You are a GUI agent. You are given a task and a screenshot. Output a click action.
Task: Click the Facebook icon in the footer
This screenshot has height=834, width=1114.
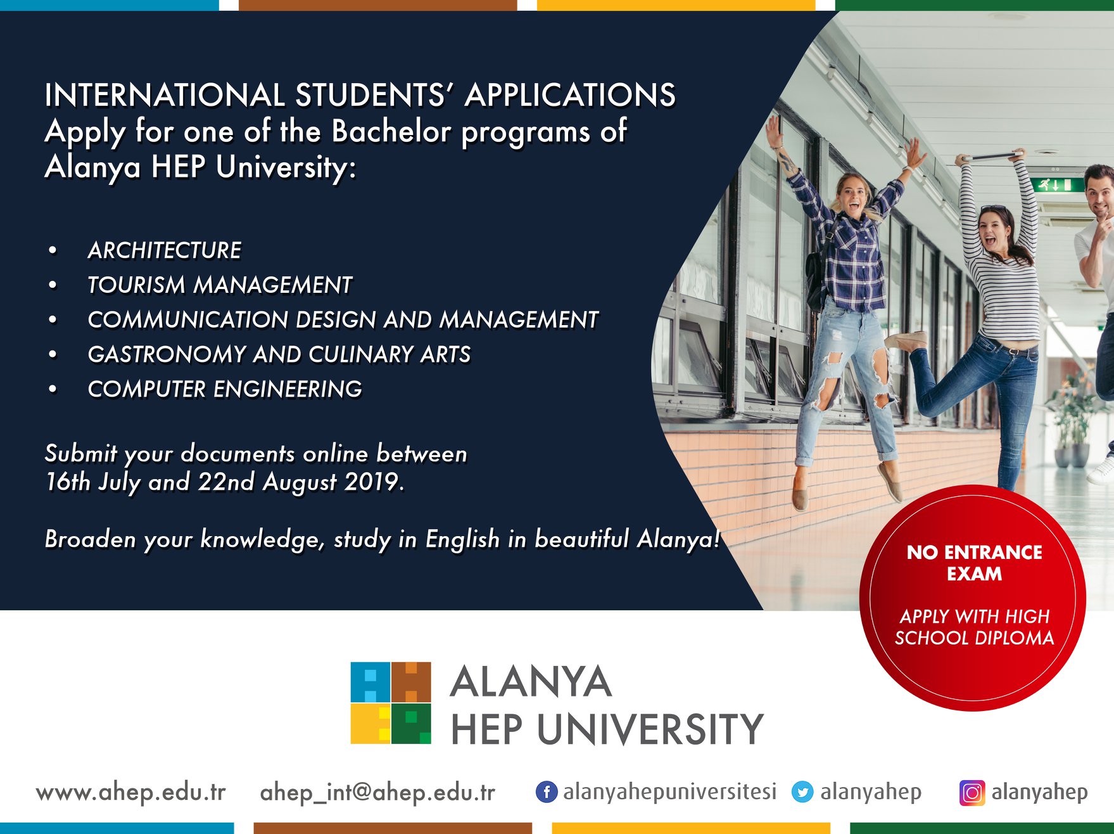547,792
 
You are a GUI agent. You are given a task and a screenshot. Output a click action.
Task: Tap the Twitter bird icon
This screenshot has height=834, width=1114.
802,792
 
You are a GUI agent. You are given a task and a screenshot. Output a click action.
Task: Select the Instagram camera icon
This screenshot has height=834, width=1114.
972,793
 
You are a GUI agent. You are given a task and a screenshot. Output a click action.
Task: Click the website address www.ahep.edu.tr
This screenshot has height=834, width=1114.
131,793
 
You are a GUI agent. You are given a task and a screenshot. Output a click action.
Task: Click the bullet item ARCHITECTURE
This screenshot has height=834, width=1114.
165,250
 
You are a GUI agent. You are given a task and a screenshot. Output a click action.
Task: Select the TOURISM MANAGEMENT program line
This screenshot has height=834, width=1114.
220,285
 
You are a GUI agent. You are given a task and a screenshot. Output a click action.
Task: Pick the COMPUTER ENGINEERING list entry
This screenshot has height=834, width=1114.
225,389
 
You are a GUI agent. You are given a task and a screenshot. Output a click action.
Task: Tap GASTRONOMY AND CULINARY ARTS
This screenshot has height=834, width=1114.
279,354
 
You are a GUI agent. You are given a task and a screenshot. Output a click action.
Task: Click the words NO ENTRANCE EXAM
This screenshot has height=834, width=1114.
974,563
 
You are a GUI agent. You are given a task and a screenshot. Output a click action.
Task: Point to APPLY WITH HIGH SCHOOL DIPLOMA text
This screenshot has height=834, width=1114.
975,627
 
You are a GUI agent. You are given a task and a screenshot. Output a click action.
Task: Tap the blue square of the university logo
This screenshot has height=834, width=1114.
370,682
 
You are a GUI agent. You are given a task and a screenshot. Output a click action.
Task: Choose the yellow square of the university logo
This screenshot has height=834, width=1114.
370,724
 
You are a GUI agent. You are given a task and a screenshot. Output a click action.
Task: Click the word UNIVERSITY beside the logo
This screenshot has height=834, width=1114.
650,729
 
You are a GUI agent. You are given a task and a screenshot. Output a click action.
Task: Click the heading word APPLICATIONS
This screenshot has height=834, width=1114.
570,95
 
